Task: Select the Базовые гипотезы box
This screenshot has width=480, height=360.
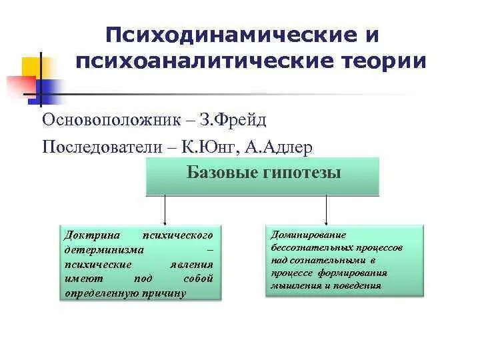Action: (x=263, y=176)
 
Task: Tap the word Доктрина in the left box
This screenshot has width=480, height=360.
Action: (x=91, y=236)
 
